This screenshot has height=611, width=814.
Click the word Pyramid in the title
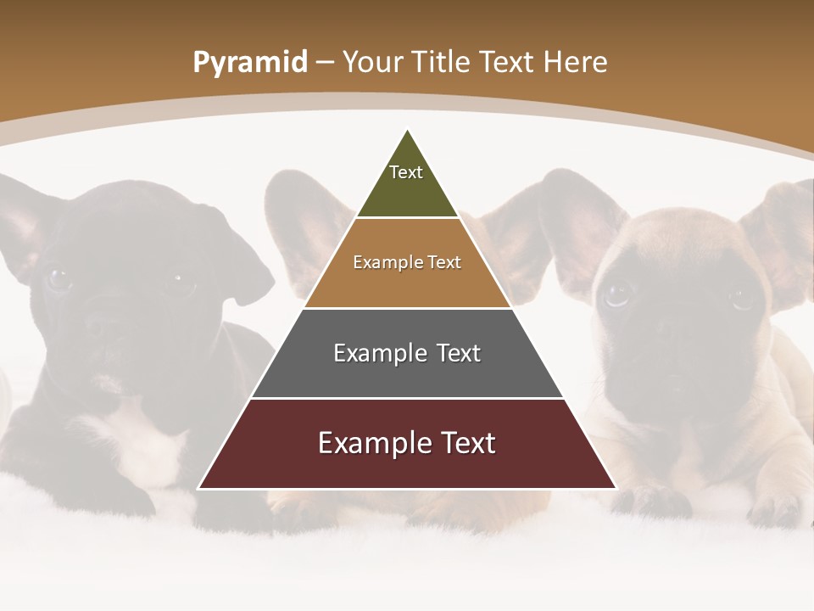point(249,63)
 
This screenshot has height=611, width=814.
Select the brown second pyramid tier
point(407,284)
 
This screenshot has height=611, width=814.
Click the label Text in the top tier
point(406,172)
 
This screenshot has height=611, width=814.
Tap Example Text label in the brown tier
point(407,262)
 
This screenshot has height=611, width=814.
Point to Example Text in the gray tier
point(407,353)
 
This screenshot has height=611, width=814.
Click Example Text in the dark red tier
point(407,443)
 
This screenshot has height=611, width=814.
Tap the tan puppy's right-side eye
point(743,296)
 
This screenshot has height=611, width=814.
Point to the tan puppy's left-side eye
point(617,294)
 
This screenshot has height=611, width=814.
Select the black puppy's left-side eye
point(59,277)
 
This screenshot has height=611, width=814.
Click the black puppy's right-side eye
point(180,277)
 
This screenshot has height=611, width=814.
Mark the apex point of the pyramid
point(408,130)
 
